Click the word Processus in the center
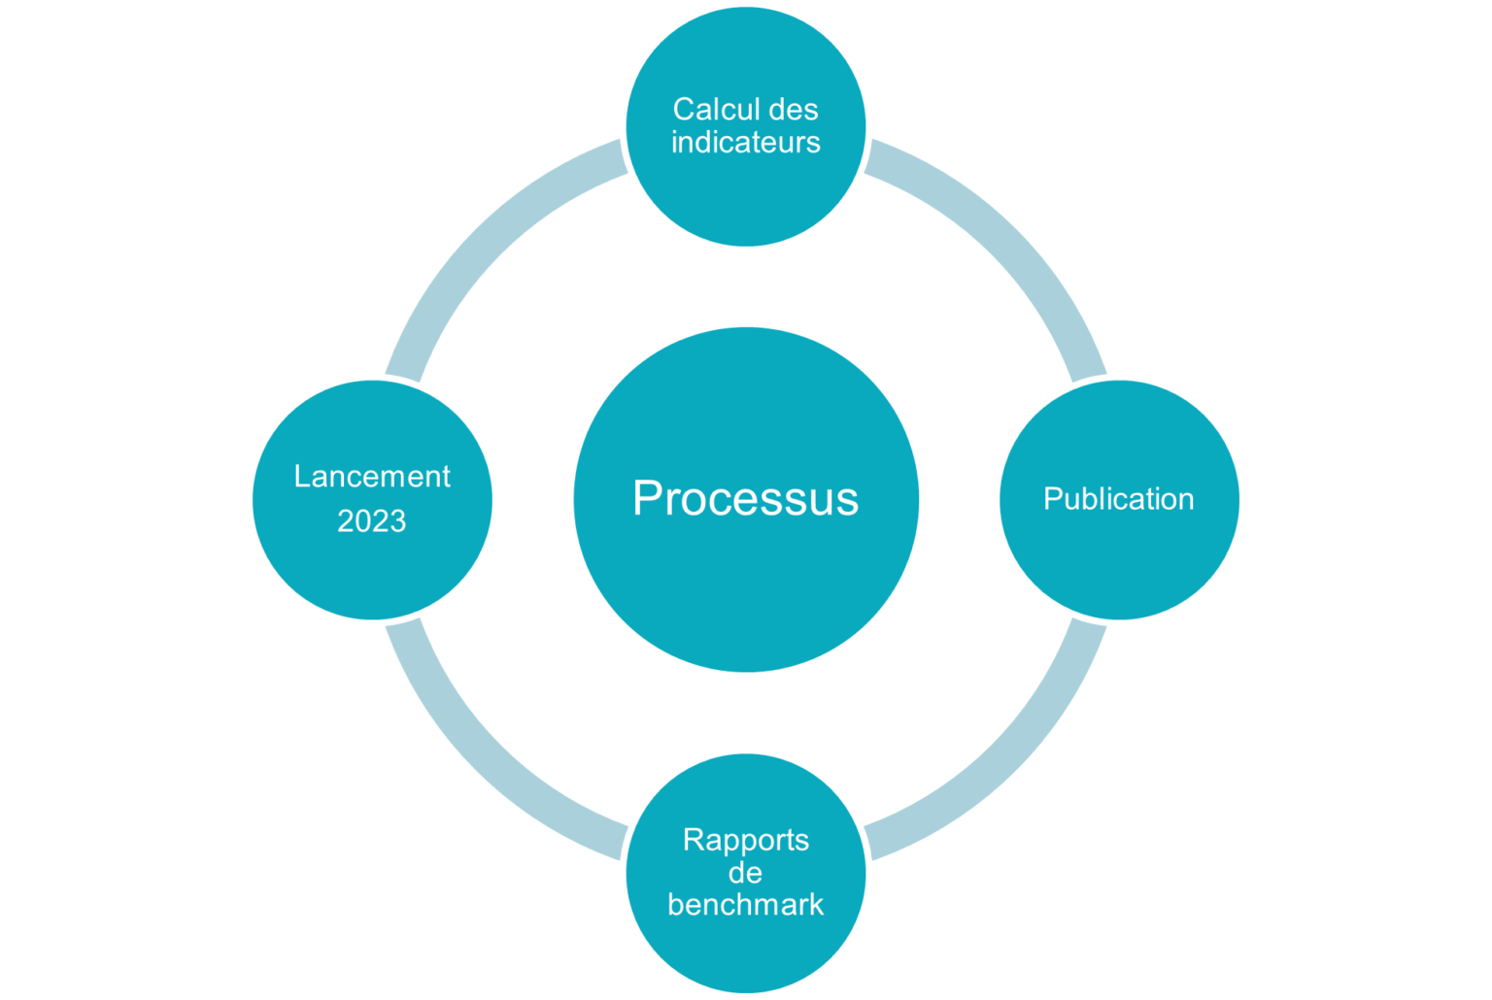click(745, 498)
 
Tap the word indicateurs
click(745, 142)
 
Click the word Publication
click(1118, 499)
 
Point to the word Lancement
click(372, 477)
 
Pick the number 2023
click(372, 520)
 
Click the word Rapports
click(746, 840)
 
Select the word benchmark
click(745, 905)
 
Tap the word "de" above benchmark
click(745, 873)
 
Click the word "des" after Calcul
click(794, 109)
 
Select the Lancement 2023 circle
click(372, 573)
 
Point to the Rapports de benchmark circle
click(746, 958)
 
